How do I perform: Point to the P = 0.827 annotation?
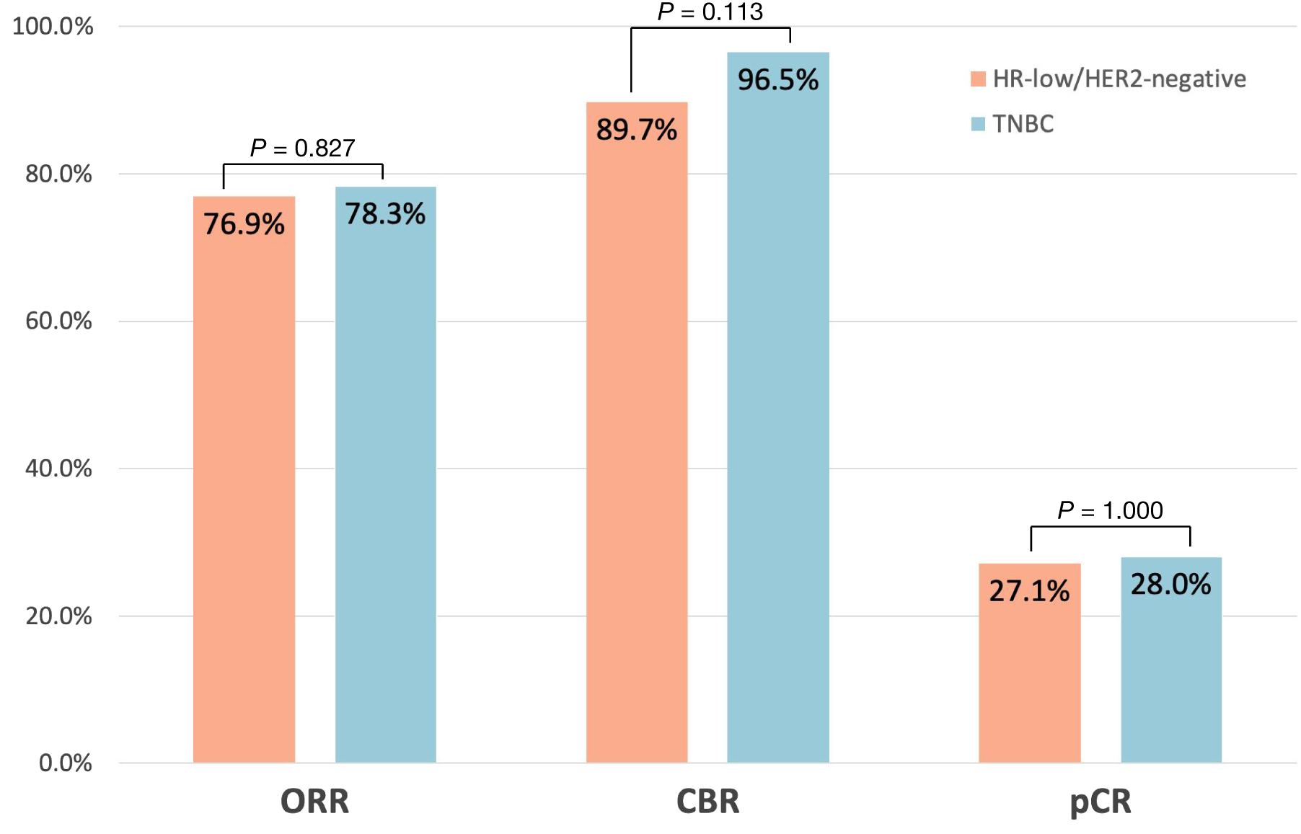[x=302, y=148]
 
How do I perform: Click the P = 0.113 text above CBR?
[x=710, y=12]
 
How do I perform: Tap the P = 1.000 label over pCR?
[x=1110, y=510]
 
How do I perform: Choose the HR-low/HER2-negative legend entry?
[x=1108, y=79]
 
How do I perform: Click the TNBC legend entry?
[x=1013, y=124]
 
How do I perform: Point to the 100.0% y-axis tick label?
[x=53, y=27]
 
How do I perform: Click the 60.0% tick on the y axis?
[x=58, y=321]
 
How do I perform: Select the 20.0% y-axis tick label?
[x=58, y=616]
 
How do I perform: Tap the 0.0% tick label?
[x=65, y=763]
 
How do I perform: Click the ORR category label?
[x=314, y=802]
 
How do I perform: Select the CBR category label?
[x=707, y=802]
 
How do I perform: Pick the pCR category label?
[x=1100, y=802]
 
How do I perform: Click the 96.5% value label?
[x=777, y=80]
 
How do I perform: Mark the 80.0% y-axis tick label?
[x=58, y=174]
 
